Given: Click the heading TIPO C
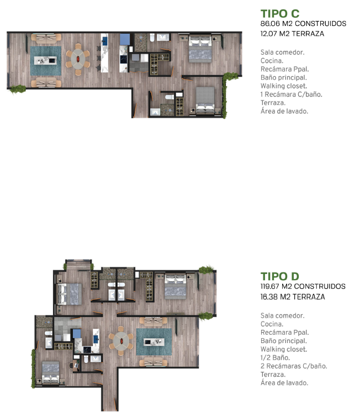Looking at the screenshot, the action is point(280,13).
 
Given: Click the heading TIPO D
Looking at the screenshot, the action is point(280,276).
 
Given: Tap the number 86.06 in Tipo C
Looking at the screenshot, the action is point(270,24).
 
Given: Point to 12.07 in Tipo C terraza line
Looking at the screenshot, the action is point(268,34).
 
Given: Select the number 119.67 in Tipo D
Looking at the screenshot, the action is point(270,287).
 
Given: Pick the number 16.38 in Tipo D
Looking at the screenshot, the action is point(269,297).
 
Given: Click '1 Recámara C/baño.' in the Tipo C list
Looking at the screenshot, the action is point(292,94).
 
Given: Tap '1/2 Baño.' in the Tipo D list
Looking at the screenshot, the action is point(275,357).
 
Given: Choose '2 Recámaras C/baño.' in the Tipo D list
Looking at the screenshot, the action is point(294,366).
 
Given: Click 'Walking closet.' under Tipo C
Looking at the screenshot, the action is point(284,86).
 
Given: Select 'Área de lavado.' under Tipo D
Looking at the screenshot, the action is point(284,383).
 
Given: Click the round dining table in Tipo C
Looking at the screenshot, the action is point(78,59).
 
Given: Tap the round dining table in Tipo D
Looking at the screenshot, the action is point(121,341).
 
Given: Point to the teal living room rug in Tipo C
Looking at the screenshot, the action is point(46,61).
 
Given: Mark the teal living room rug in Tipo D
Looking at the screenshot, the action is point(154,342).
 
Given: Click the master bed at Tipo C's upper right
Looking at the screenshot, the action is point(200,49).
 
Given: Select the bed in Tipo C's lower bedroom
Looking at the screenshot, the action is point(205,101).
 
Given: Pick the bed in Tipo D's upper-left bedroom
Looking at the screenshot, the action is point(70,294).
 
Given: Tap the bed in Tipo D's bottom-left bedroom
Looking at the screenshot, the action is point(51,372).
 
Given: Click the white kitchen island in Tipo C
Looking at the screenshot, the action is point(104,53).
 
